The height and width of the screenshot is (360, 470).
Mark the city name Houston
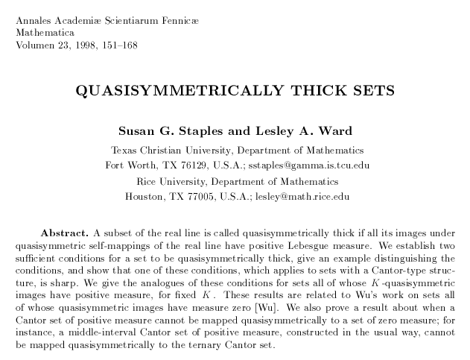[x=147, y=197]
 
